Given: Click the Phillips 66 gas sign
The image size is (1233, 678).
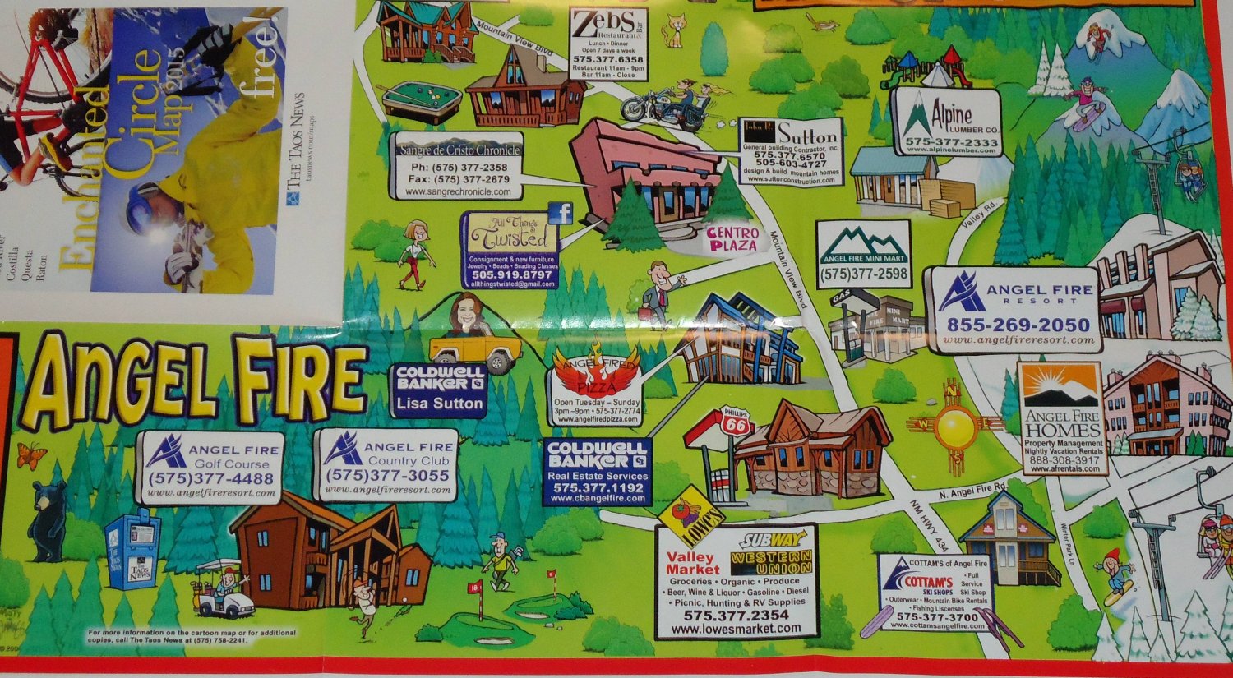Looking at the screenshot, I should (737, 423).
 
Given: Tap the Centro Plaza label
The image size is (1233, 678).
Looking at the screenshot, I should (733, 239).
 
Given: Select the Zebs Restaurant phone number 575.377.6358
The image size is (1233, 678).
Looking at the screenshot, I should (608, 60).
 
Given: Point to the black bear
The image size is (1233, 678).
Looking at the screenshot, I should (48, 521).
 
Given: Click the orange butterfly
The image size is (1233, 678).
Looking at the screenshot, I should (30, 455).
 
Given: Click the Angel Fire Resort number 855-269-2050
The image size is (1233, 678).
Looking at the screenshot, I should (1018, 325).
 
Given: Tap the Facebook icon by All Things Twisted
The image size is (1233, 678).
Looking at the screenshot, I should (560, 214).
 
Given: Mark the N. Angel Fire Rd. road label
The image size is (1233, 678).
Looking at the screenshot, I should (972, 491).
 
